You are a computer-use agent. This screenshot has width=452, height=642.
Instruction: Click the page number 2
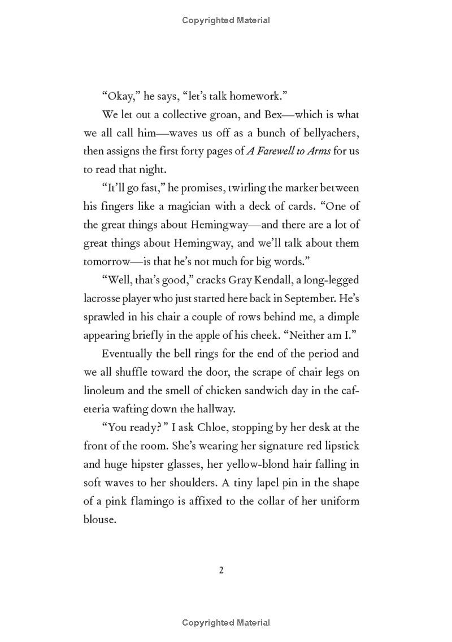click(221, 570)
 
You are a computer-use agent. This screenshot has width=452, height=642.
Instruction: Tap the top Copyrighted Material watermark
click(226, 20)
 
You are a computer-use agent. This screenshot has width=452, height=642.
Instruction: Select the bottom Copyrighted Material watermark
click(226, 623)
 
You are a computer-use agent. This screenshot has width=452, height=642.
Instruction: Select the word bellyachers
click(328, 133)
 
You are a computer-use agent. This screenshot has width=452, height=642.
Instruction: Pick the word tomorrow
click(107, 261)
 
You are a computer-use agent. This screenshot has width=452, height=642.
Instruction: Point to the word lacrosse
click(105, 298)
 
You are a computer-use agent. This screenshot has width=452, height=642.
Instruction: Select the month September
click(315, 298)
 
